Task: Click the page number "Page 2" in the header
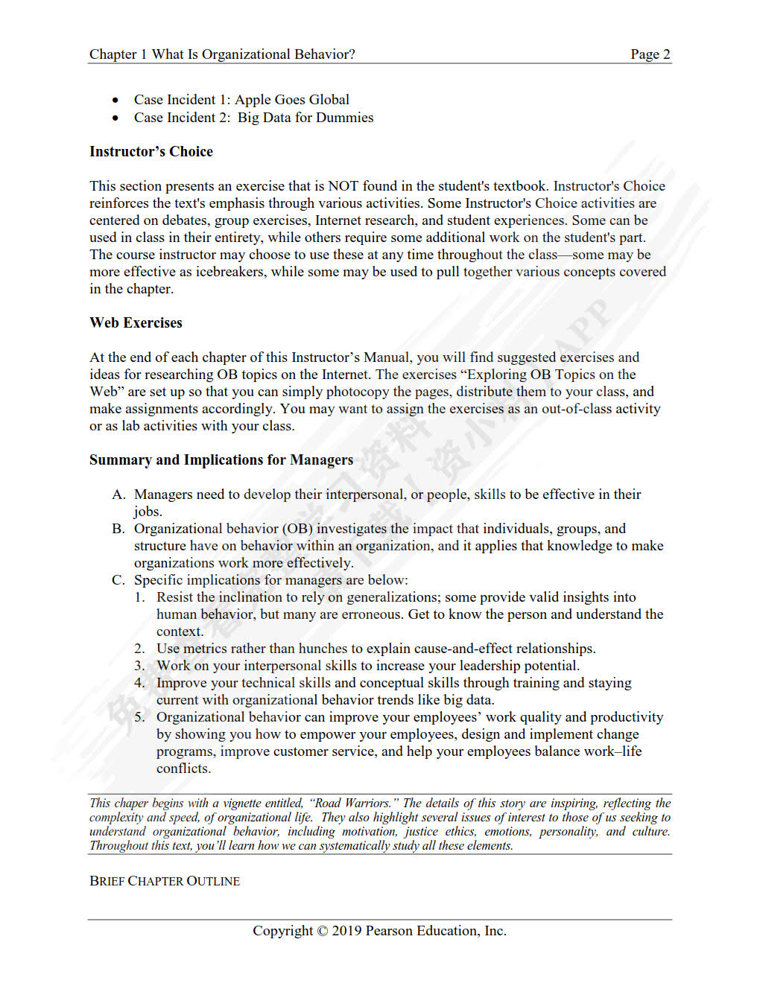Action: [650, 54]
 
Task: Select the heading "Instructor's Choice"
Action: [151, 152]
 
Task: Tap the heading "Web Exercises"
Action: [136, 323]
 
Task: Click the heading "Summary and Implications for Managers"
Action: [221, 460]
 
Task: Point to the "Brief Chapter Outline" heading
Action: [165, 881]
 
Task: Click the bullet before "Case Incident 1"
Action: [115, 101]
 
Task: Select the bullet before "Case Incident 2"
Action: [115, 118]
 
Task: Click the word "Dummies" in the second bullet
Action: [345, 118]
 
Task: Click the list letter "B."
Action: [118, 529]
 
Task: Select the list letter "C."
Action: [118, 580]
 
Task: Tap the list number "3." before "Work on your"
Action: [139, 666]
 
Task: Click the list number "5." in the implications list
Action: [139, 717]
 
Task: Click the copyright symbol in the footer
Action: [322, 931]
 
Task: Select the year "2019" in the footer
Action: [346, 931]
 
